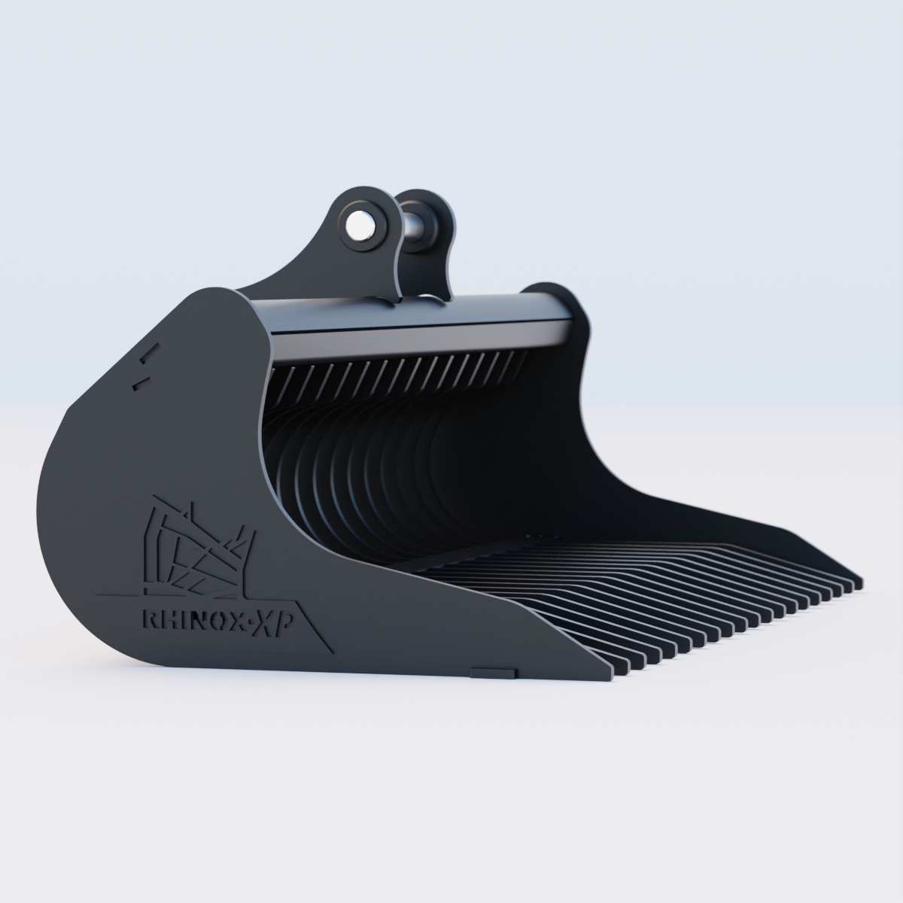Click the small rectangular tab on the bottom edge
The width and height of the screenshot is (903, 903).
[492, 669]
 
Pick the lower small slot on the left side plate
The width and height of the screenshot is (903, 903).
[137, 383]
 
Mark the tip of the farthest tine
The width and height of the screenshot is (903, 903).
[858, 582]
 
